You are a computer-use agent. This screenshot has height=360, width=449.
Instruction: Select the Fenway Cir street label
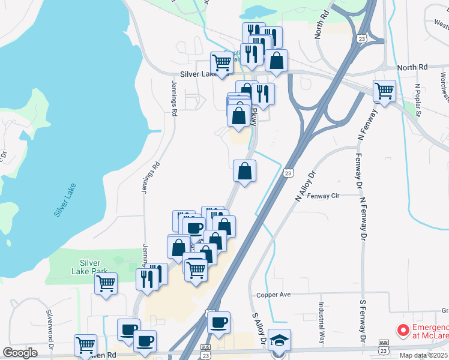click(x=323, y=196)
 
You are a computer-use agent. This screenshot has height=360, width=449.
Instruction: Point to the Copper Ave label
click(x=273, y=295)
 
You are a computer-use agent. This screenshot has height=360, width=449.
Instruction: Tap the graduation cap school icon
click(x=279, y=340)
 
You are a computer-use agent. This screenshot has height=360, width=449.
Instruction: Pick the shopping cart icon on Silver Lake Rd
click(x=222, y=62)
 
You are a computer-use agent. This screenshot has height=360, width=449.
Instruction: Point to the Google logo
click(x=20, y=353)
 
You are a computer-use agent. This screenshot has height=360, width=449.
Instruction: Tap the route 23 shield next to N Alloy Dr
click(x=289, y=173)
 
